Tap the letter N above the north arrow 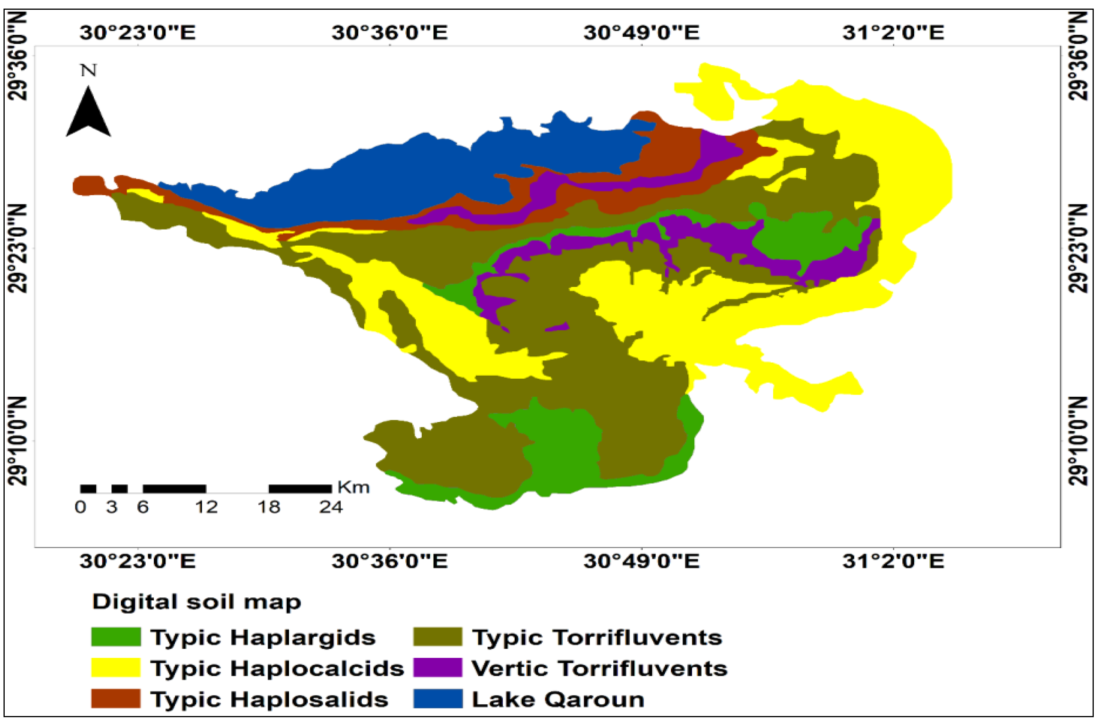tap(88, 70)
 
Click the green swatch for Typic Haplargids tap(116, 637)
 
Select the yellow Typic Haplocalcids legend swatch tap(116, 668)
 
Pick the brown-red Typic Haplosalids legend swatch tap(116, 698)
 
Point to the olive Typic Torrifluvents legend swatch tap(437, 637)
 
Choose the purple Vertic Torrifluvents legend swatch tap(437, 668)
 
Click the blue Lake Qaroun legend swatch tap(437, 698)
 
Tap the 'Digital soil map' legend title tap(196, 602)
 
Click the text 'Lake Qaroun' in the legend tap(558, 699)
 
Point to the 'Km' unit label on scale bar tap(353, 487)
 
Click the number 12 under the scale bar tap(206, 507)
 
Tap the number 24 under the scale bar tap(331, 507)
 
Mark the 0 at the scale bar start tap(80, 507)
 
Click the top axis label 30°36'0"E tap(389, 33)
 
